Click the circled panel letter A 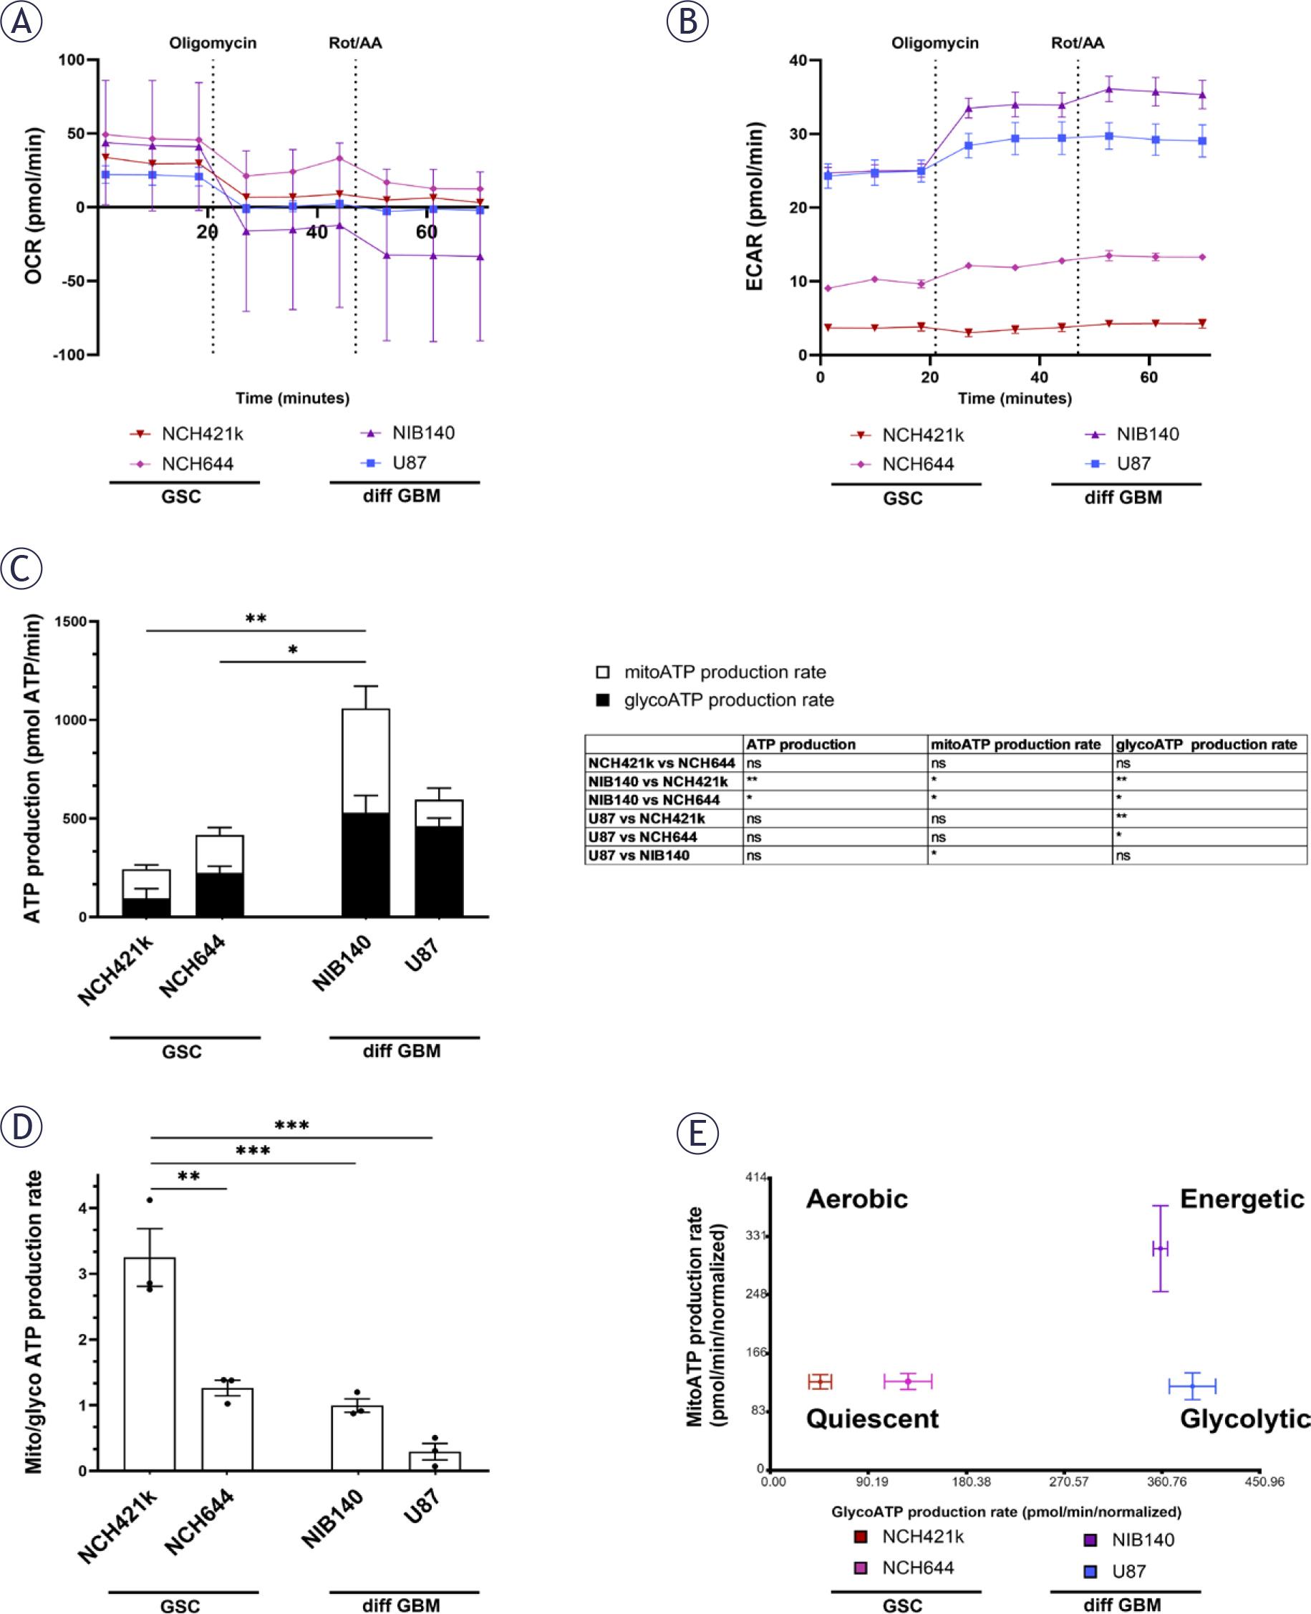coord(21,21)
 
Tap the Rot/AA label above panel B coord(1077,43)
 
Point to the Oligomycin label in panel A coord(212,43)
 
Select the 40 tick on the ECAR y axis coord(798,60)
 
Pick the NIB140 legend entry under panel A coord(422,433)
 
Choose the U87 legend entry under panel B coord(1133,464)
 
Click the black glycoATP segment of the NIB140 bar coord(365,864)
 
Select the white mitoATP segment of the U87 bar coord(439,813)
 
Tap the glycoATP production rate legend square coord(603,700)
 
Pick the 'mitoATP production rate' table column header coord(1016,745)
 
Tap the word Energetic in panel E coord(1242,1199)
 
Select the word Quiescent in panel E coord(872,1419)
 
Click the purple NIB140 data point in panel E coord(1160,1250)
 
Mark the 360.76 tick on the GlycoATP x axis coord(1167,1482)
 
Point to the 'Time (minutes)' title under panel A coord(292,398)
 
